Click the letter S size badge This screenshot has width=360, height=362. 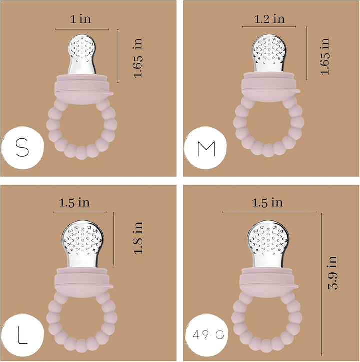pyautogui.click(x=22, y=148)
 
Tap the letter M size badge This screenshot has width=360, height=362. pyautogui.click(x=205, y=148)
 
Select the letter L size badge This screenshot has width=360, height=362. pyautogui.click(x=22, y=335)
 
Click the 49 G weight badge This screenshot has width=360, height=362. pyautogui.click(x=207, y=335)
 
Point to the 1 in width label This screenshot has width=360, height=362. pyautogui.click(x=80, y=19)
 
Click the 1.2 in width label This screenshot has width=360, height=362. pyautogui.click(x=269, y=19)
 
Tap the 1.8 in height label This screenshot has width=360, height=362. pyautogui.click(x=139, y=238)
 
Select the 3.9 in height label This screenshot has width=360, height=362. pyautogui.click(x=333, y=273)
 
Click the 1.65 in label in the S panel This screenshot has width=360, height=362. pyautogui.click(x=138, y=58)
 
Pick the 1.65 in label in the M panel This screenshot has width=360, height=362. pyautogui.click(x=325, y=56)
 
